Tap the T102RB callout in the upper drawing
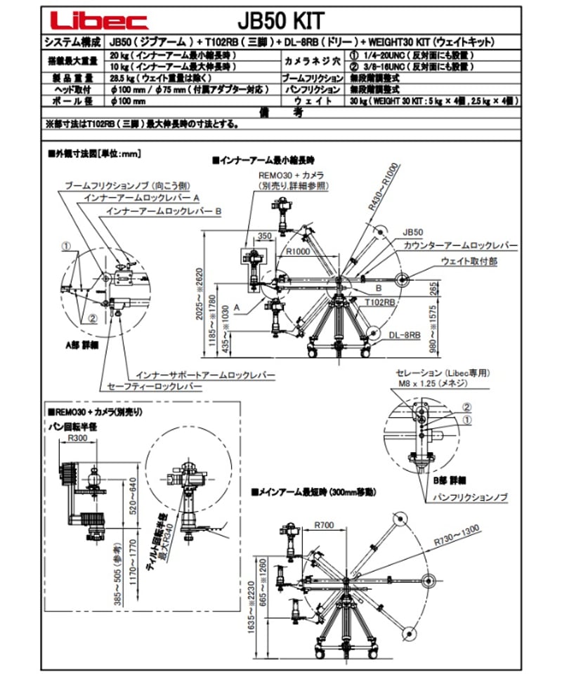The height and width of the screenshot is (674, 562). tap(379, 301)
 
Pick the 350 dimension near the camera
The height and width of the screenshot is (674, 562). tap(264, 237)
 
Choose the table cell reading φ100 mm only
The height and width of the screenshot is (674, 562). tap(128, 102)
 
